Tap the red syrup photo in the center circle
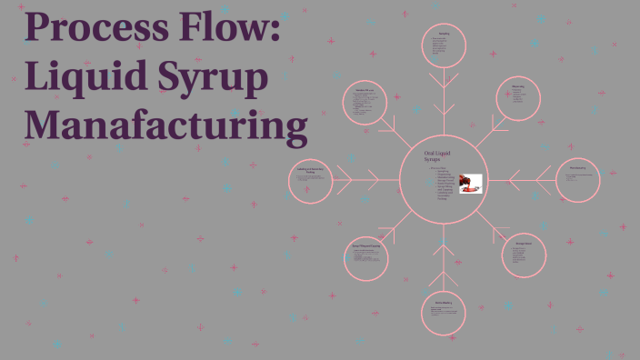pos(470,183)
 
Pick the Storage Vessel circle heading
pos(524,243)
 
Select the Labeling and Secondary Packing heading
pos(311,169)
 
